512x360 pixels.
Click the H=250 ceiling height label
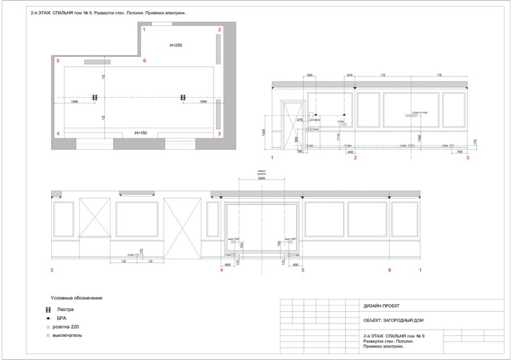pos(176,44)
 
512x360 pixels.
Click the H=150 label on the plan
pos(141,133)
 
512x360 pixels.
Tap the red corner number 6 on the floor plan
pos(145,60)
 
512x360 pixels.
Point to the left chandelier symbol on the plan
pos(95,97)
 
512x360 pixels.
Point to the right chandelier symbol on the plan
pos(183,97)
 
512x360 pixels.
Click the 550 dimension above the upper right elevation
pos(309,75)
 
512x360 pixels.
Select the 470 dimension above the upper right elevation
pos(349,75)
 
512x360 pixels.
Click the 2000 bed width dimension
pos(262,179)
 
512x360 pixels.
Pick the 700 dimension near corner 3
pos(460,152)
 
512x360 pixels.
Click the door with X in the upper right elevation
pos(293,125)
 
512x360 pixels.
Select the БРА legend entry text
pos(62,318)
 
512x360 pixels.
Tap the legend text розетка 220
pos(68,327)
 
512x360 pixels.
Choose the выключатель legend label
pos(68,335)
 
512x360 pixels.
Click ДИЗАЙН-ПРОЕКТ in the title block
pos(382,306)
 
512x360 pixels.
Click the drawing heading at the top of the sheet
pos(108,12)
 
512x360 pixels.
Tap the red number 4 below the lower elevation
pos(221,271)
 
